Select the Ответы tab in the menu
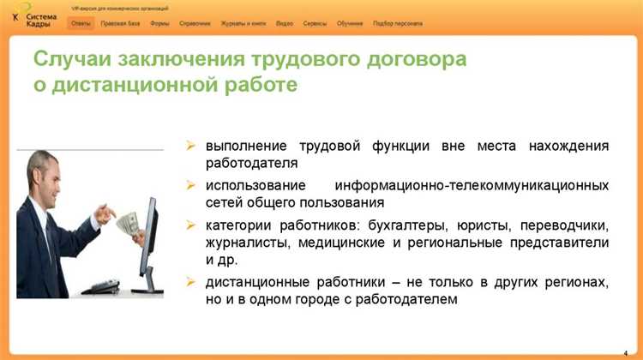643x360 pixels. tap(81, 23)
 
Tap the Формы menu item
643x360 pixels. tap(159, 23)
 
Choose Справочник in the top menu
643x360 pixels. tap(195, 23)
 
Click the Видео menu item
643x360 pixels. tap(285, 23)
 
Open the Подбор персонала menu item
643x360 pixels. tap(398, 23)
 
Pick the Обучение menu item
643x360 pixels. tap(350, 23)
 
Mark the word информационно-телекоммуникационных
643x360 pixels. tap(472, 185)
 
